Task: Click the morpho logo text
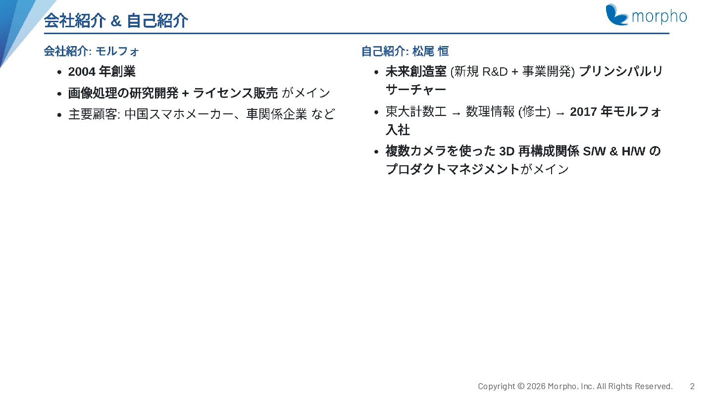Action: pos(659,16)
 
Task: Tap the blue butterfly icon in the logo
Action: pos(616,14)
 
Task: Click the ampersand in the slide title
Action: pos(116,21)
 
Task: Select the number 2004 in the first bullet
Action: pos(82,72)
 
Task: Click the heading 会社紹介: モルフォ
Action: pos(91,51)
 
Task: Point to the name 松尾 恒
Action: pos(430,51)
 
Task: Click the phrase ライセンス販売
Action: pos(235,93)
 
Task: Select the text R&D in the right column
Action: pos(495,72)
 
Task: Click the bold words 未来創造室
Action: pos(416,72)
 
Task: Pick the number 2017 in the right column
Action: pos(583,112)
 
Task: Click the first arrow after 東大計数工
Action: pos(456,113)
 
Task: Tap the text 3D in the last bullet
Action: pos(507,151)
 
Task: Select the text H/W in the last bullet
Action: pos(633,151)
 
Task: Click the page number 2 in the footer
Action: pos(692,386)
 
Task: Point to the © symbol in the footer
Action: pos(521,386)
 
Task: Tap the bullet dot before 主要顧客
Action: pos(59,115)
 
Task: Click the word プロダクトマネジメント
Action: pos(453,169)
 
